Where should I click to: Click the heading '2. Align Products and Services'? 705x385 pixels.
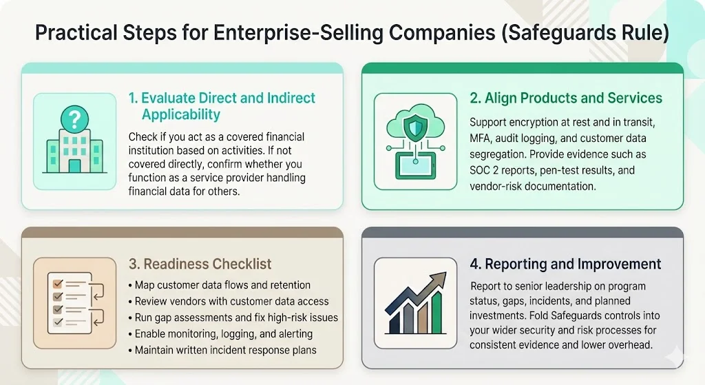pos(566,98)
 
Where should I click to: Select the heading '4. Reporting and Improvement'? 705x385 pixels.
pos(566,264)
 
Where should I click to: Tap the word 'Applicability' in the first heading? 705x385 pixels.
pos(181,114)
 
